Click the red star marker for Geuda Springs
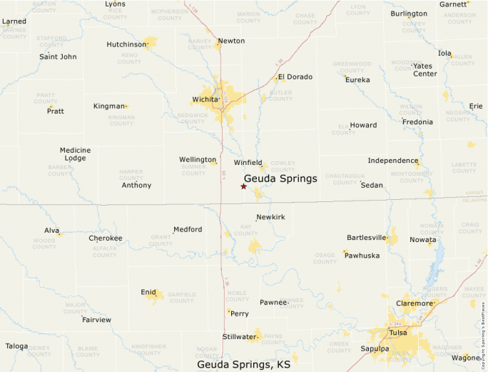click(x=244, y=186)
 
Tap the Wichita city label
click(x=205, y=99)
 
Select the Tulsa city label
click(x=398, y=333)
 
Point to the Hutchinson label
click(x=126, y=44)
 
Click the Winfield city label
click(x=248, y=163)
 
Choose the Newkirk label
click(x=270, y=216)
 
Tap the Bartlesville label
click(x=366, y=238)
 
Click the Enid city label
click(x=148, y=292)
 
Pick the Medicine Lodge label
click(x=75, y=154)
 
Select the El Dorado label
click(x=295, y=76)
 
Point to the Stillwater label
click(x=239, y=336)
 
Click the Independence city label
click(x=392, y=161)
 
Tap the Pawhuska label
click(x=362, y=255)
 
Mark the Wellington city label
click(x=198, y=159)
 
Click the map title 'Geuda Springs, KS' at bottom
click(x=244, y=364)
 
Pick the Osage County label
click(x=325, y=258)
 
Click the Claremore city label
click(x=415, y=303)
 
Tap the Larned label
click(x=14, y=21)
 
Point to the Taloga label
click(x=17, y=346)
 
